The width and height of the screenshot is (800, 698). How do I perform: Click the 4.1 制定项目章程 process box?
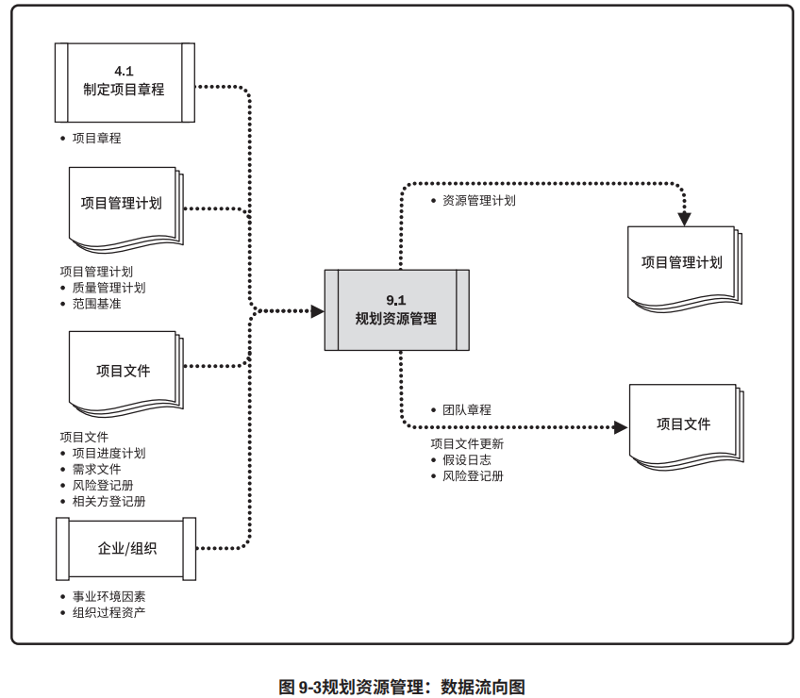pos(125,82)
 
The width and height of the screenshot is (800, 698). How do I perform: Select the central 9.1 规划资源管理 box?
pos(396,309)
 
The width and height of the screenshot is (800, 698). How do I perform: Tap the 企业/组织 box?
pos(125,548)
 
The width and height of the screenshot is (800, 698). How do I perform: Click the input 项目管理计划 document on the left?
pos(122,205)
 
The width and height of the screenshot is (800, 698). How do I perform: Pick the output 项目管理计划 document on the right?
pos(681,263)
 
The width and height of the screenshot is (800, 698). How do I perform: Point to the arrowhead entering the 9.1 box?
pos(318,310)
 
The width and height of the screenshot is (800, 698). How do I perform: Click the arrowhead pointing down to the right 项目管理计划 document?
pos(685,219)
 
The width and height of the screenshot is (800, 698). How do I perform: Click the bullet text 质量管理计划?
pos(108,288)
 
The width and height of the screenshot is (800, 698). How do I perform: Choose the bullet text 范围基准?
pos(96,304)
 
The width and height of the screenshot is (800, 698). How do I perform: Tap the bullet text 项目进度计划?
pos(108,453)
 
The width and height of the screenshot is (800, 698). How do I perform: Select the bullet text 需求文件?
pos(96,469)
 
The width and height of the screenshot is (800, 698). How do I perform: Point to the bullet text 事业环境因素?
pos(108,597)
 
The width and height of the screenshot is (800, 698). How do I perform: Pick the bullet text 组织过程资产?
pos(108,613)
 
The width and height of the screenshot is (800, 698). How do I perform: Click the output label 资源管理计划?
pos(478,200)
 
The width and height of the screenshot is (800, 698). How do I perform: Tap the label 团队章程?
pos(466,410)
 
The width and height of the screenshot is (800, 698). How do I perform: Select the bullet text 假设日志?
pos(466,459)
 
